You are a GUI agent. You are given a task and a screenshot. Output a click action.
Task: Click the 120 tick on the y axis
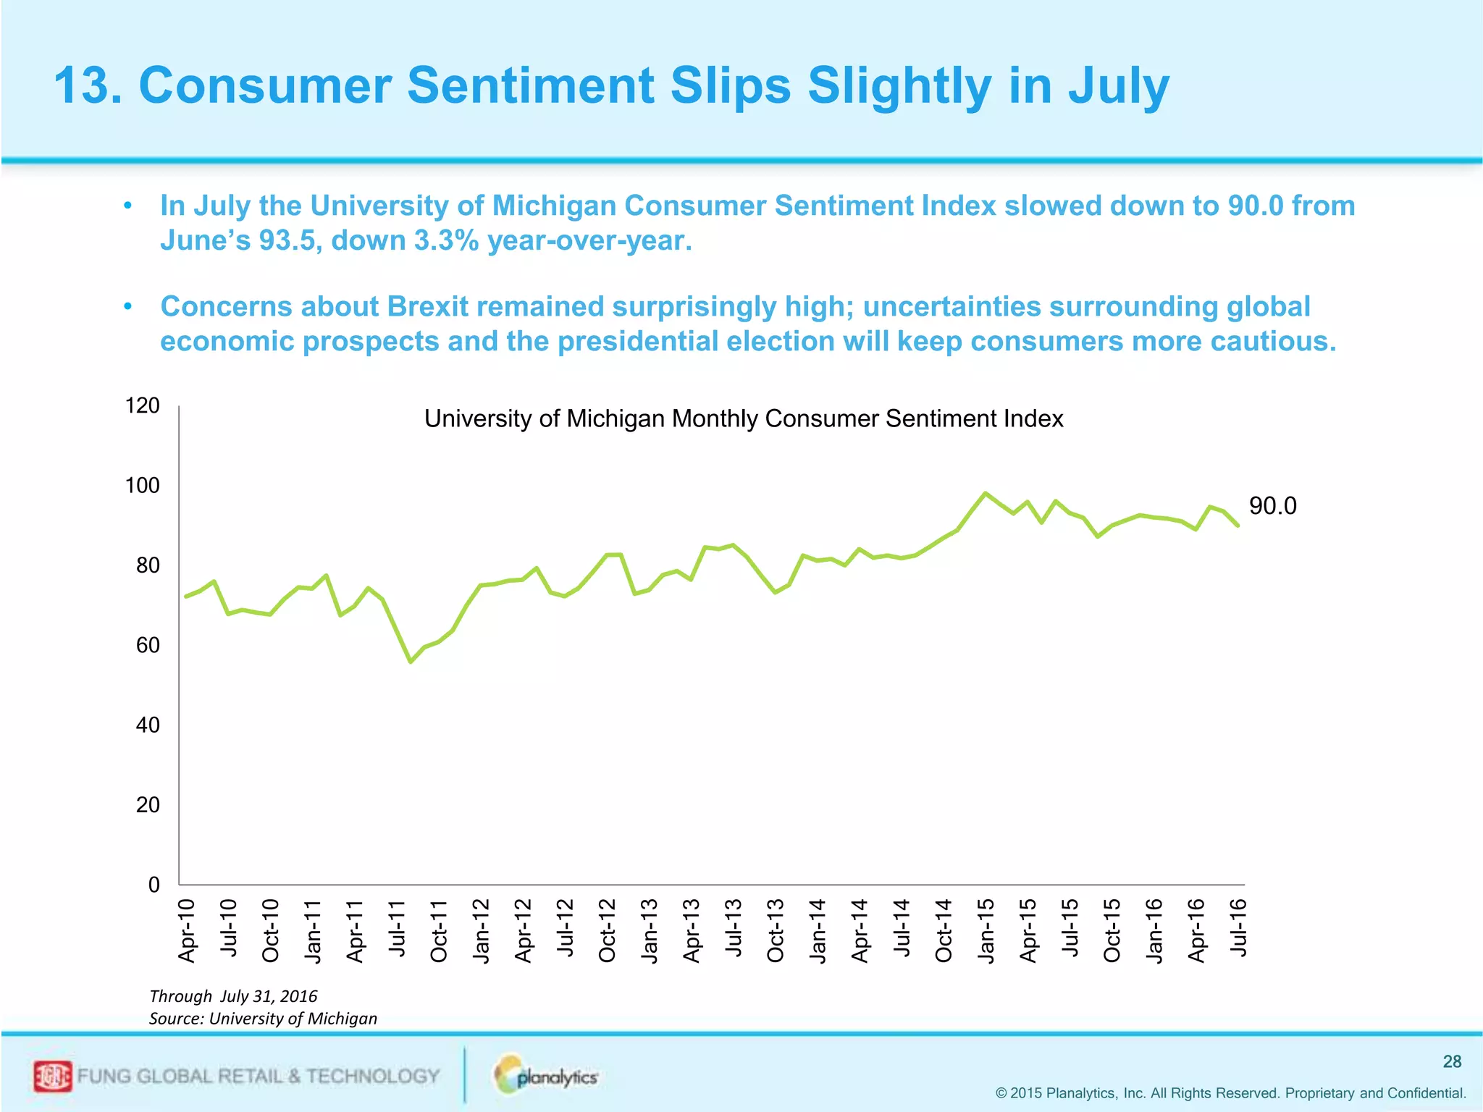[143, 405]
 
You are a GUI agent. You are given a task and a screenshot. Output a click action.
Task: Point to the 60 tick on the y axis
[148, 645]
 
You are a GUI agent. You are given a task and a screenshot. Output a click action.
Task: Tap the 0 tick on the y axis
[154, 885]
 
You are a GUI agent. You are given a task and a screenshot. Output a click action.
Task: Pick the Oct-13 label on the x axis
[776, 930]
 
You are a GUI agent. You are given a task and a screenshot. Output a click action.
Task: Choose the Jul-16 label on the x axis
[1239, 927]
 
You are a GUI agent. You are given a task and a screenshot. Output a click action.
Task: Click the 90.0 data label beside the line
[1272, 506]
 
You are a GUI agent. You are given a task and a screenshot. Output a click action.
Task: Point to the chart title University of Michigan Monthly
[743, 418]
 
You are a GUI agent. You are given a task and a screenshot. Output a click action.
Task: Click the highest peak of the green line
[985, 493]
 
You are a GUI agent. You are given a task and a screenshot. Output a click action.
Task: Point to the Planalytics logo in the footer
[547, 1076]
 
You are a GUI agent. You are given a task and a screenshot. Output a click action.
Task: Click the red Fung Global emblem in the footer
[52, 1077]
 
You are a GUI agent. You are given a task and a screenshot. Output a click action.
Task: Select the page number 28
[1452, 1061]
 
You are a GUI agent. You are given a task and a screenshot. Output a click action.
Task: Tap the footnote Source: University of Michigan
[263, 1019]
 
